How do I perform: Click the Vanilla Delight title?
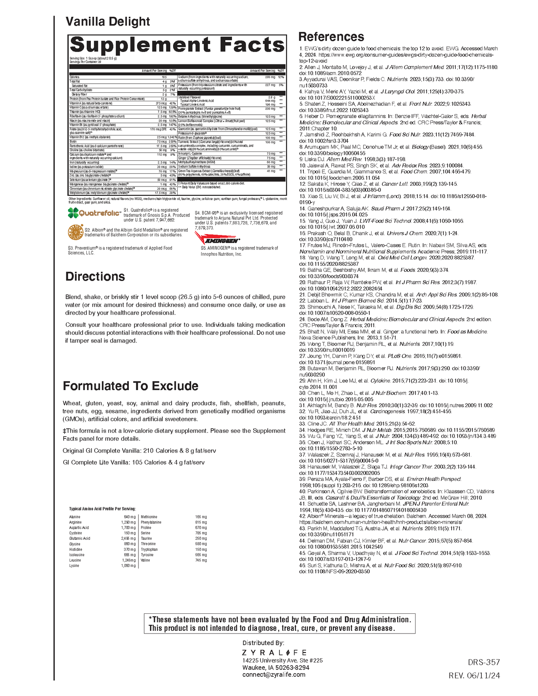108,22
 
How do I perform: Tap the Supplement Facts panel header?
177,45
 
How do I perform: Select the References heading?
331,36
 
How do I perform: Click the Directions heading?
95,277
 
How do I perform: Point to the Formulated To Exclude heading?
130,386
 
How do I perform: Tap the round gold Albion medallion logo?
76,232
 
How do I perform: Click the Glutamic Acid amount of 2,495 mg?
128,539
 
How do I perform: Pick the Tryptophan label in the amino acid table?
149,549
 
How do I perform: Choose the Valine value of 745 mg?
201,560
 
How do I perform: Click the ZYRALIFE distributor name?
274,652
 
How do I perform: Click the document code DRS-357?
484,662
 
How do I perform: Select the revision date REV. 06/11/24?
474,676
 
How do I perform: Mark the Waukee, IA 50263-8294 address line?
276,667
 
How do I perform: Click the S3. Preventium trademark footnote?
120,250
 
